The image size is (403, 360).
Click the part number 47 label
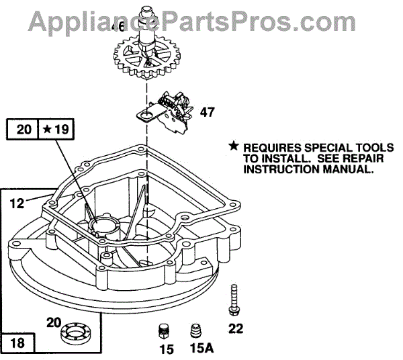tap(208, 112)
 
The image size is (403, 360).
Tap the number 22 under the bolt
tap(236, 328)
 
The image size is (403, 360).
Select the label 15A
tap(199, 350)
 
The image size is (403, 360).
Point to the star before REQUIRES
tap(234, 146)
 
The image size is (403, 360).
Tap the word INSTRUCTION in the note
tap(271, 169)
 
